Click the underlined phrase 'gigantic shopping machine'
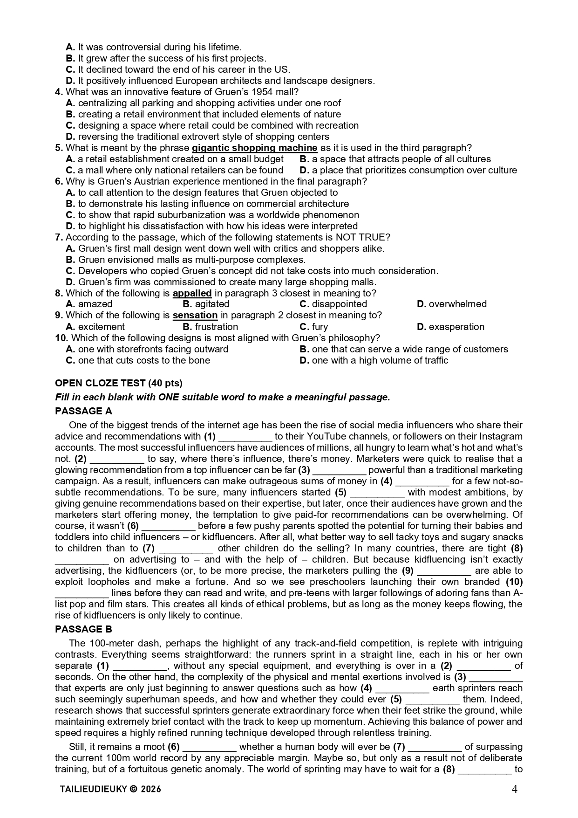[x=254, y=148]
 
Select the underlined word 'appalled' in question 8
[x=192, y=293]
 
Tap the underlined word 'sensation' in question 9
[x=195, y=315]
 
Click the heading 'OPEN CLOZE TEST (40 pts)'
[x=118, y=383]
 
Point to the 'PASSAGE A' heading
[x=83, y=411]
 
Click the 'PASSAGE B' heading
[x=83, y=629]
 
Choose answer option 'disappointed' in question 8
[x=333, y=304]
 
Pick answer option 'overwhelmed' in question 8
[x=457, y=304]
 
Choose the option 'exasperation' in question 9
[x=456, y=327]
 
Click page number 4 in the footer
[x=514, y=789]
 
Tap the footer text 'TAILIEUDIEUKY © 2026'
[x=110, y=789]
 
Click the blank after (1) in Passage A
[x=245, y=437]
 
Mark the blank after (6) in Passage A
[x=168, y=526]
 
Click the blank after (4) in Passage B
[x=402, y=688]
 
